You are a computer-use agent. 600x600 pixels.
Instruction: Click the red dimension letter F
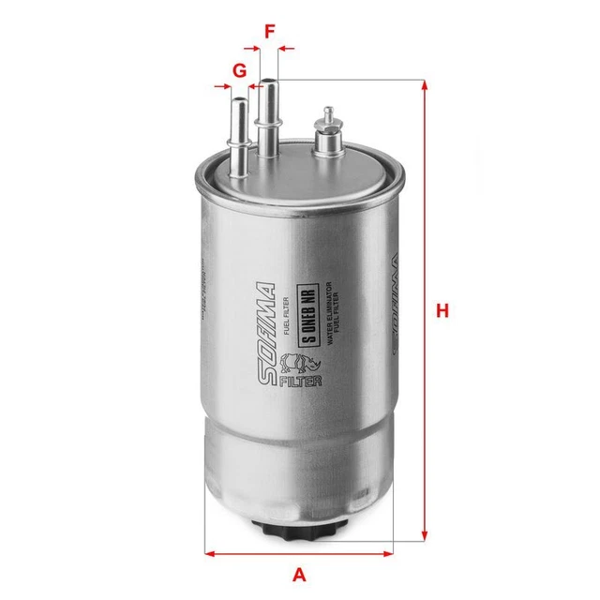point(270,31)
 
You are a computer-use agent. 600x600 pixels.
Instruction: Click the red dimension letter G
point(240,69)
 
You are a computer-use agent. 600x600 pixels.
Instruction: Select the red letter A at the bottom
point(299,574)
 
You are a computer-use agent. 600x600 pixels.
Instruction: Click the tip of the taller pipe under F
point(270,83)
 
